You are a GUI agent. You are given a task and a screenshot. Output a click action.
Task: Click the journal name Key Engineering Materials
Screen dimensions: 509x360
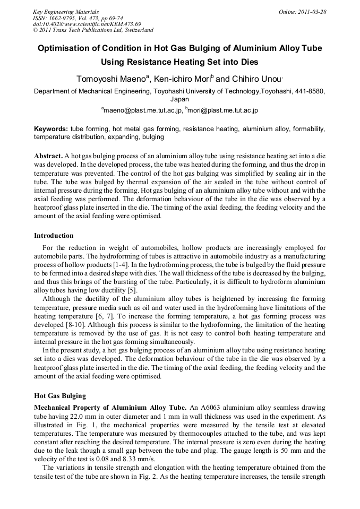click(x=66, y=12)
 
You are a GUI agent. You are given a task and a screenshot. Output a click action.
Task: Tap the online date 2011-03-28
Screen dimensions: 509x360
click(x=311, y=12)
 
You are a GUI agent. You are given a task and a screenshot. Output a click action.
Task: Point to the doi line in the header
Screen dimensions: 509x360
click(x=87, y=24)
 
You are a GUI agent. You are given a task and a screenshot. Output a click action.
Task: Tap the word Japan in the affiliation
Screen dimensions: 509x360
click(x=179, y=99)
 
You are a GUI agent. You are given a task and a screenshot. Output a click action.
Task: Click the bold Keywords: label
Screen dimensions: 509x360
click(x=51, y=129)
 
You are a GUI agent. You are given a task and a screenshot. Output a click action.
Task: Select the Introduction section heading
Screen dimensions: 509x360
click(x=54, y=236)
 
